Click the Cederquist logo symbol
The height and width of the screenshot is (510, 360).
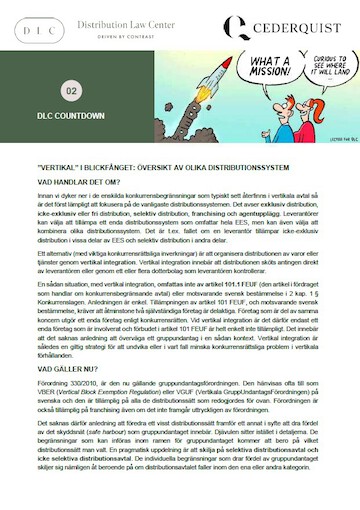(237, 28)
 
